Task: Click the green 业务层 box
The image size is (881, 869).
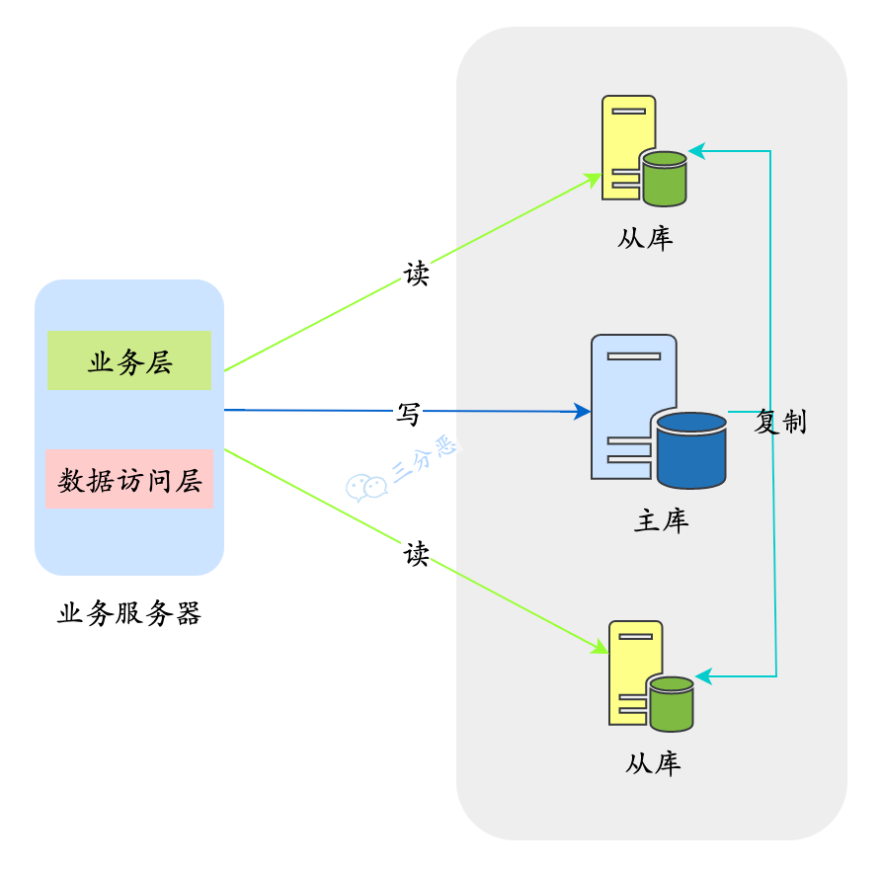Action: coord(129,361)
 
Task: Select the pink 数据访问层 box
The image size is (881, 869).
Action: coord(129,480)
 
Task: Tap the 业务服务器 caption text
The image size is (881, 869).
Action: coord(129,614)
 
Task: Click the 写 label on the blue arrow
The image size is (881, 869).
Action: coord(408,414)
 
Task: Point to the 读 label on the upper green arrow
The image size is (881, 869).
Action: coord(417,274)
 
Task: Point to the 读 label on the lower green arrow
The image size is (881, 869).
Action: coord(417,554)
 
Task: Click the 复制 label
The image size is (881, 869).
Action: coord(780,423)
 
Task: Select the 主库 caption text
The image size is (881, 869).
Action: coord(661,520)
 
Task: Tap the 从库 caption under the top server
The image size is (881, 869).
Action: coord(645,239)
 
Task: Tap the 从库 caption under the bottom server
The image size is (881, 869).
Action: coord(653,763)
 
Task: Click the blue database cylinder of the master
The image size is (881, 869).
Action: coord(691,450)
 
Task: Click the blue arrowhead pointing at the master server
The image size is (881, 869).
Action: coord(583,412)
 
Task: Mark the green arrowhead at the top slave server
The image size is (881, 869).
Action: coord(595,179)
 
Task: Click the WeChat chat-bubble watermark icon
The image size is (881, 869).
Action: coord(365,487)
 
